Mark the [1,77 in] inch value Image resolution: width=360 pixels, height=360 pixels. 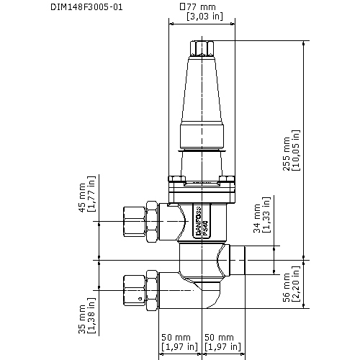tap(91, 196)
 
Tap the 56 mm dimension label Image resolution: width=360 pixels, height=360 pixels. tap(286, 287)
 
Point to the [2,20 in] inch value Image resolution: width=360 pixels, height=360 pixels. tap(296, 287)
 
